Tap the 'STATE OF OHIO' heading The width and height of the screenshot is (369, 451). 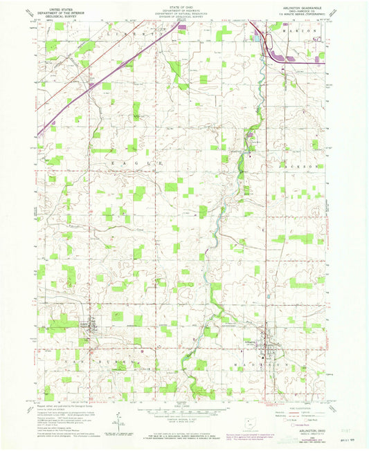[x=183, y=5]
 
